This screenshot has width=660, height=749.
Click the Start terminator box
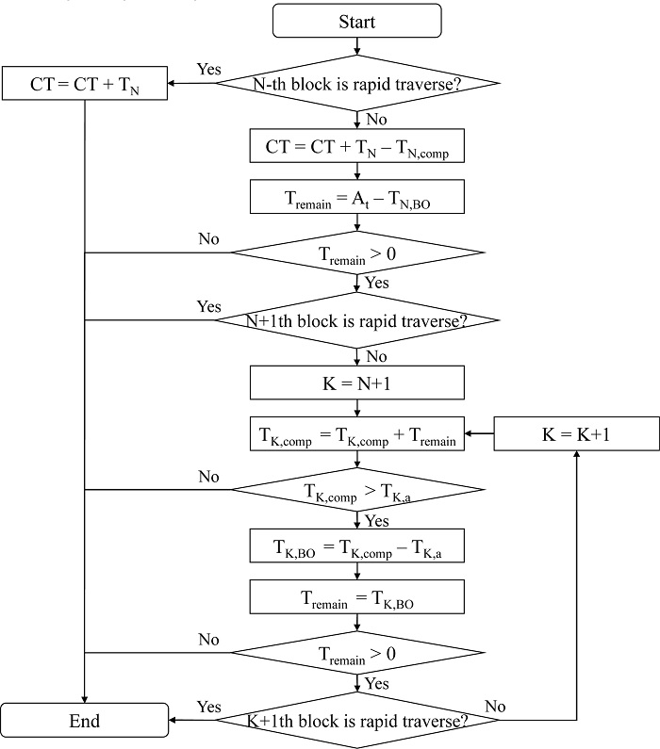pyautogui.click(x=357, y=20)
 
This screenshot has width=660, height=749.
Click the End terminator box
pyautogui.click(x=85, y=723)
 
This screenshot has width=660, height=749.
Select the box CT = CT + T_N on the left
pyautogui.click(x=85, y=84)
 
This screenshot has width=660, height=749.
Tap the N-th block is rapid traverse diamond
pyautogui.click(x=357, y=84)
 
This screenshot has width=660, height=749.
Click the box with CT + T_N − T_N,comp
pyautogui.click(x=357, y=146)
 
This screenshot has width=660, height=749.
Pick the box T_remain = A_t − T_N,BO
pyautogui.click(x=357, y=197)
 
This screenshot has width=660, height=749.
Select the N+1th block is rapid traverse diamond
pyautogui.click(x=357, y=321)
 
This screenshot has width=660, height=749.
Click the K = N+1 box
pyautogui.click(x=357, y=383)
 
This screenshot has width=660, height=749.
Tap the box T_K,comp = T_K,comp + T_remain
pyautogui.click(x=357, y=435)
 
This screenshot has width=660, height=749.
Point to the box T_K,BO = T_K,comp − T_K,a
pyautogui.click(x=357, y=545)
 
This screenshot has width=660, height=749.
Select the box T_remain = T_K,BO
pyautogui.click(x=357, y=596)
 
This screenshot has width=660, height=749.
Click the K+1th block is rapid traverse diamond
pyautogui.click(x=357, y=723)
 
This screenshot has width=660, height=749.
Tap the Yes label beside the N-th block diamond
pyautogui.click(x=209, y=69)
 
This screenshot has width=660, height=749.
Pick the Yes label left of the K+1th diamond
pyautogui.click(x=209, y=707)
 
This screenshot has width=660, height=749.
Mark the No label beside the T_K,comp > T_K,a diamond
pyautogui.click(x=209, y=477)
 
